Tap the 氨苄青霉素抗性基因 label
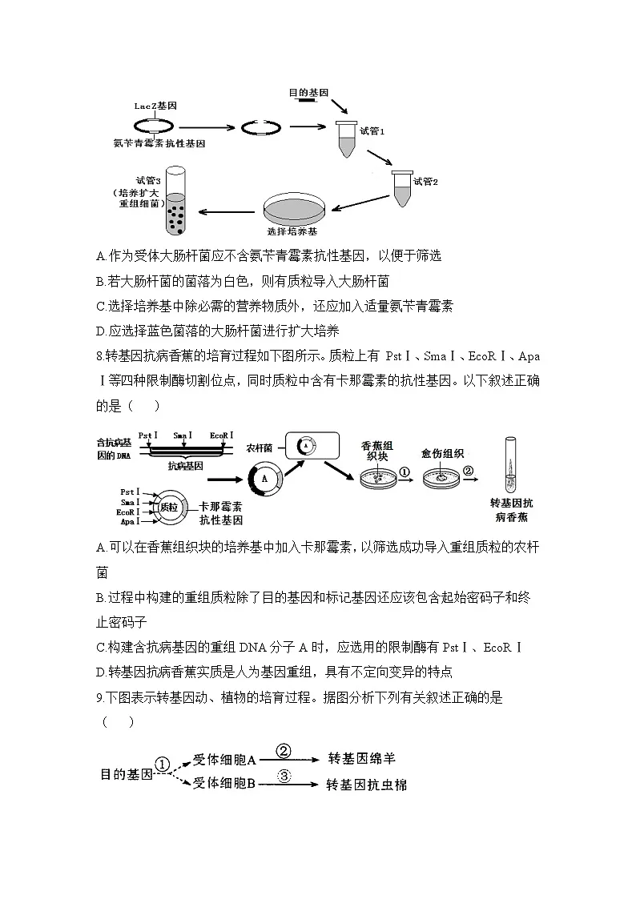coord(160,142)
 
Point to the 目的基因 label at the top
coord(308,93)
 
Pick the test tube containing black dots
coord(175,199)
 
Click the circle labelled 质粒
coord(168,506)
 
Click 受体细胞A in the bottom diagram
coord(223,758)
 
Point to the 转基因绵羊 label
coord(362,757)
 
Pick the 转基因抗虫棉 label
coord(366,785)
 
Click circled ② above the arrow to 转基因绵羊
coord(284,750)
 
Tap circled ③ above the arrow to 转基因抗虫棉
coord(284,776)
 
